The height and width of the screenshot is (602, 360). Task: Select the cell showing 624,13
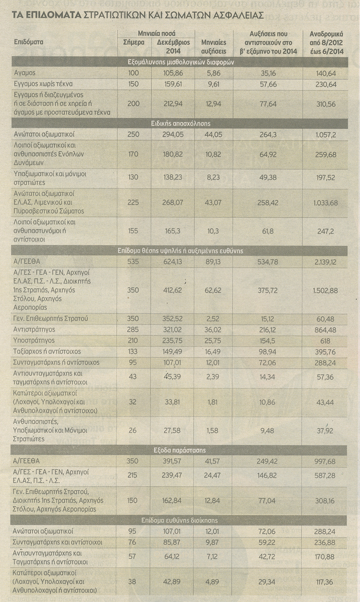(169, 261)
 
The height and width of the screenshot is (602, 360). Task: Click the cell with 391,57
(169, 460)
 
